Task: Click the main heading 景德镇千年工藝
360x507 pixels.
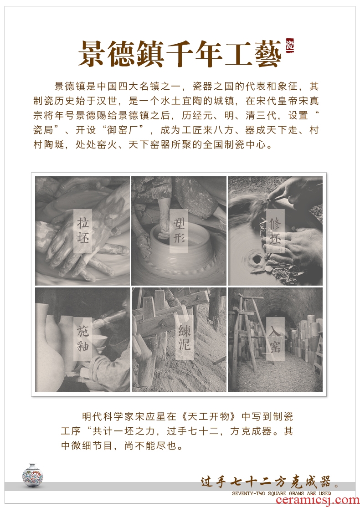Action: click(x=180, y=54)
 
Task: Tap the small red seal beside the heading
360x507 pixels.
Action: click(x=290, y=46)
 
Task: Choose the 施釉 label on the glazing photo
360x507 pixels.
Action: click(x=83, y=338)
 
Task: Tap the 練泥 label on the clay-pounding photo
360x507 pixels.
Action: click(x=185, y=338)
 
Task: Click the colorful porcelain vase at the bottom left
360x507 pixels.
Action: click(x=33, y=475)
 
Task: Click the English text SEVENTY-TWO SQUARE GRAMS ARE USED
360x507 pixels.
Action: click(x=282, y=493)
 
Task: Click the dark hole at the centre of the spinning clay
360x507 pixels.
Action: click(x=257, y=259)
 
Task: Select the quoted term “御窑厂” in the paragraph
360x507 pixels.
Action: click(x=129, y=130)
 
